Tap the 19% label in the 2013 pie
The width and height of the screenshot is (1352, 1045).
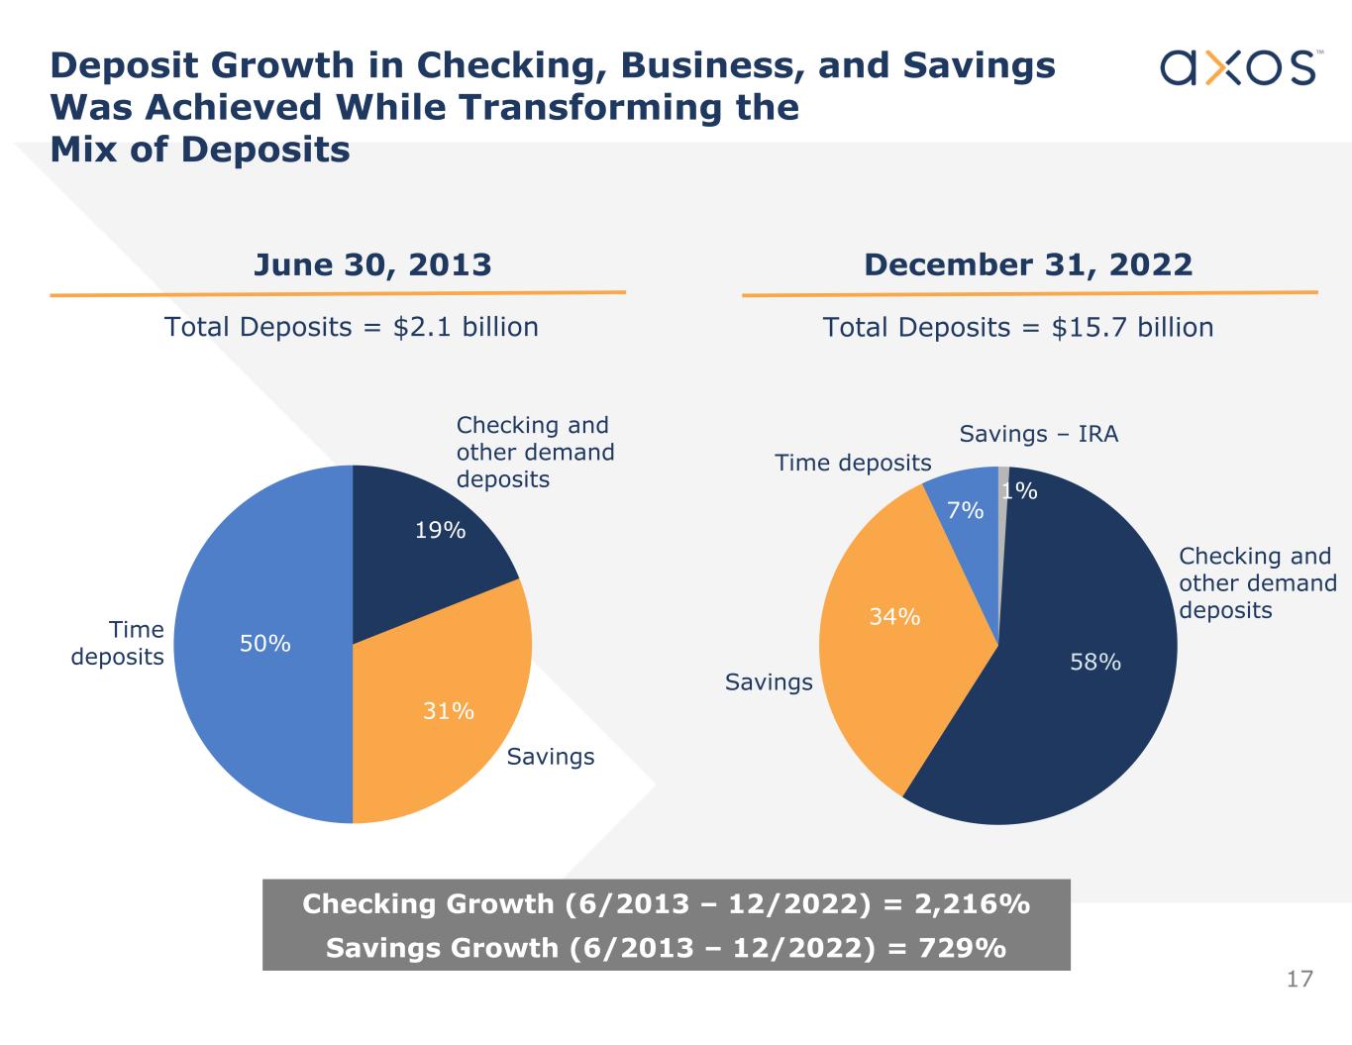pyautogui.click(x=440, y=531)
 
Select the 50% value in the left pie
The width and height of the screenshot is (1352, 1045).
pyautogui.click(x=265, y=644)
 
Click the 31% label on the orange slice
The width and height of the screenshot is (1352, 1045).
pyautogui.click(x=449, y=711)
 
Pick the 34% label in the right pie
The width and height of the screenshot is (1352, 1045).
pyautogui.click(x=894, y=617)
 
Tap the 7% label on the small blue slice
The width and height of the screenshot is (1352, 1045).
pyautogui.click(x=965, y=511)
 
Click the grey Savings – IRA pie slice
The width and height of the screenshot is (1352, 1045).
pyautogui.click(x=1003, y=474)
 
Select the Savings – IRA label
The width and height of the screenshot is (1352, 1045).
pyautogui.click(x=1038, y=434)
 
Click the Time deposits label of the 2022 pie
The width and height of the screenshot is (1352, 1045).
pyautogui.click(x=853, y=463)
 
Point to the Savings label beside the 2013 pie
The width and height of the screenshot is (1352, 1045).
pyautogui.click(x=551, y=757)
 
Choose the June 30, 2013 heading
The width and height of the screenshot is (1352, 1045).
pyautogui.click(x=372, y=264)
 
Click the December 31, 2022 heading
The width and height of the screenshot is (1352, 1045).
pyautogui.click(x=1028, y=264)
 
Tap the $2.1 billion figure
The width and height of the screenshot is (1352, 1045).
pyautogui.click(x=466, y=327)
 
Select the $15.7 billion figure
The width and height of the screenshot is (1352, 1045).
pyautogui.click(x=1132, y=328)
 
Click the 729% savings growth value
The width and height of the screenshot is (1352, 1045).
pyautogui.click(x=963, y=948)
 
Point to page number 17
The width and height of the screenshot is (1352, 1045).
pyautogui.click(x=1300, y=980)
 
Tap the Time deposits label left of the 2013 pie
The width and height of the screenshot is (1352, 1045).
pyautogui.click(x=118, y=643)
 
